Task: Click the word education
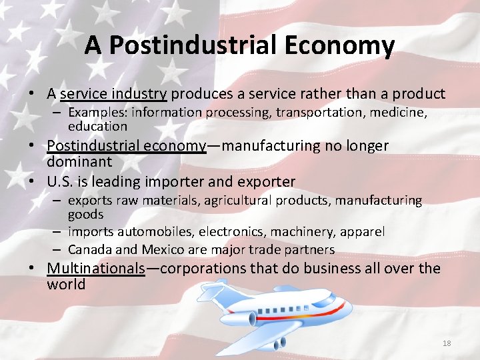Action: pyautogui.click(x=97, y=126)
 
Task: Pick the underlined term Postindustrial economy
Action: pyautogui.click(x=127, y=146)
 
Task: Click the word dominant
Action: pyautogui.click(x=79, y=161)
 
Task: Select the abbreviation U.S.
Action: pyautogui.click(x=61, y=181)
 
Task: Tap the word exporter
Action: pyautogui.click(x=267, y=181)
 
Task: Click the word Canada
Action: pyautogui.click(x=89, y=249)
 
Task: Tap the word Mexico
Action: pyautogui.click(x=161, y=249)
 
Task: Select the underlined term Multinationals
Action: pyautogui.click(x=96, y=269)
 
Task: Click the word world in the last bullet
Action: pyautogui.click(x=66, y=285)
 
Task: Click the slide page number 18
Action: pyautogui.click(x=447, y=343)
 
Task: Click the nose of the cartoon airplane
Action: pyautogui.click(x=347, y=301)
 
